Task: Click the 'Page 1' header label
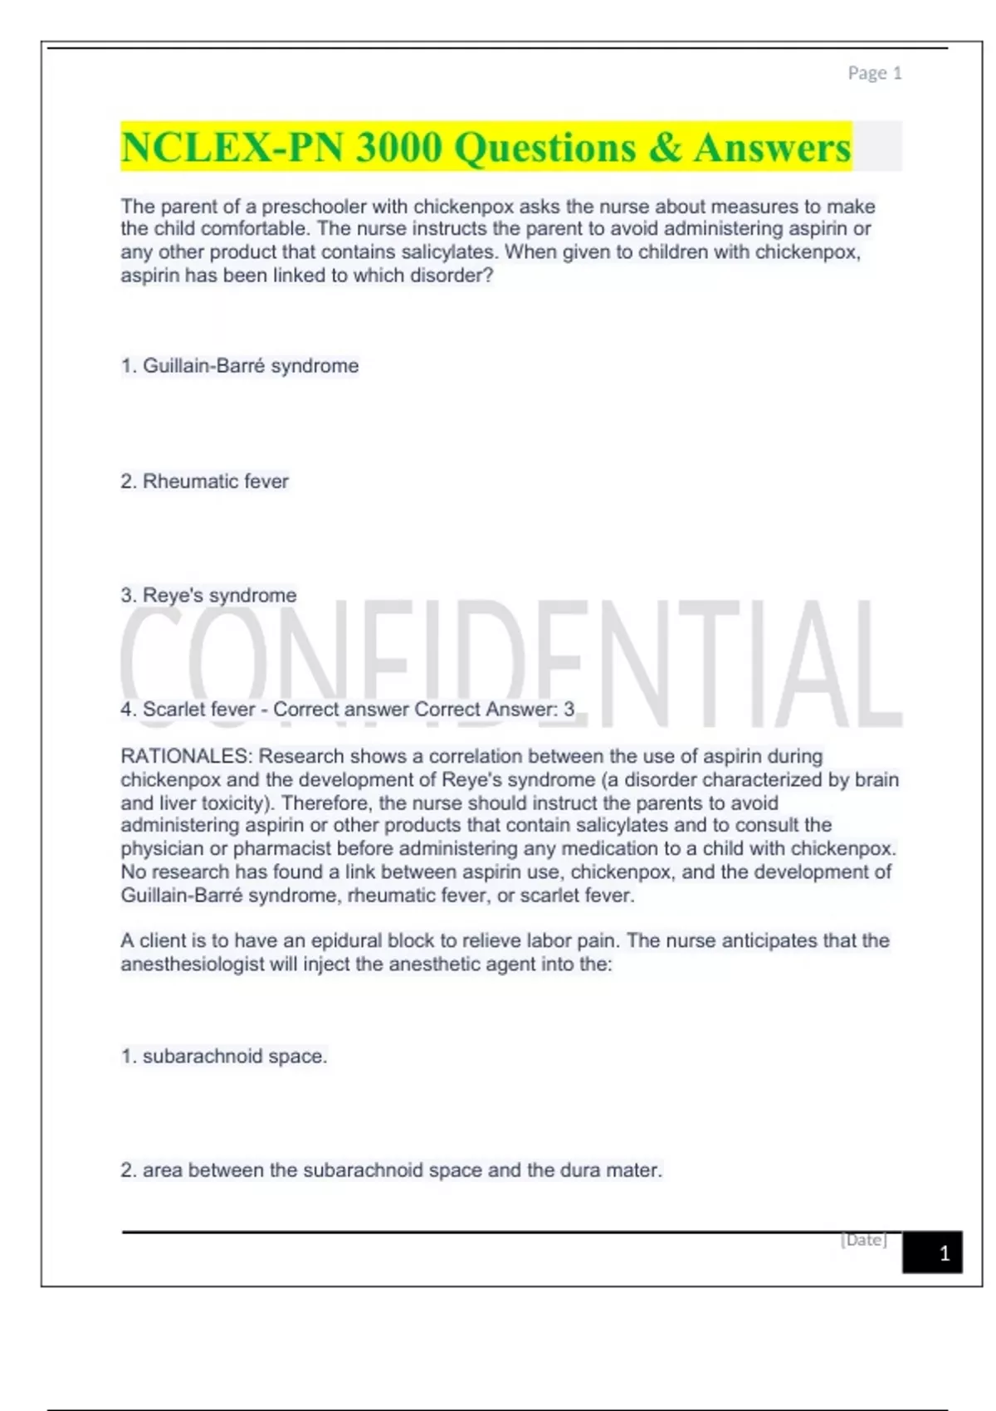[x=874, y=73]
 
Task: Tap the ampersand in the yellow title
[x=664, y=148]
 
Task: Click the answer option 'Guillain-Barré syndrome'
[x=250, y=366]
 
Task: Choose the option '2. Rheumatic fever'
[x=204, y=481]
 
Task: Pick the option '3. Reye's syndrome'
[x=208, y=595]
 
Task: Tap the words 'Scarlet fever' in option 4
[x=198, y=710]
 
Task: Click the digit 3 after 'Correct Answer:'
[x=569, y=710]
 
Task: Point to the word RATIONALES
[x=185, y=756]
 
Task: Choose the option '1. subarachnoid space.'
[x=224, y=1056]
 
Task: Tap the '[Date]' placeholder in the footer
[x=863, y=1240]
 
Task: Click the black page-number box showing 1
[x=933, y=1252]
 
